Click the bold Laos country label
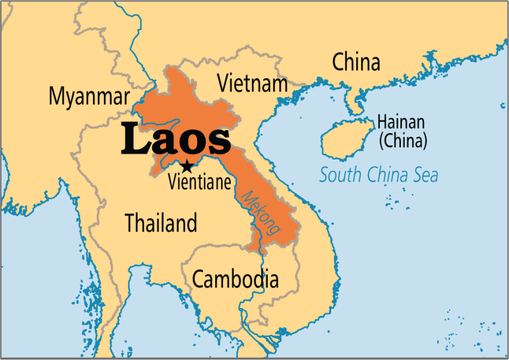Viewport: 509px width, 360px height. pos(176,140)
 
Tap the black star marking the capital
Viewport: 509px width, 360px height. pos(186,166)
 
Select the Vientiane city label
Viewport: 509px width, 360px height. pos(200,182)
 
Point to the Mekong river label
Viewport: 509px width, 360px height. pos(261,213)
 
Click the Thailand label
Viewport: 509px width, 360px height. pos(161,224)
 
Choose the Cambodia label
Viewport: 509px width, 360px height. pos(235,279)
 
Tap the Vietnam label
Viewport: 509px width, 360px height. pos(253,83)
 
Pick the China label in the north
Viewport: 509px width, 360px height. pos(356,62)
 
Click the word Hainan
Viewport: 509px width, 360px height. pos(401,122)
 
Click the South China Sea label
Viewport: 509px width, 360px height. pos(378,175)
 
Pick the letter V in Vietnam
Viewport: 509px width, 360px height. pos(224,83)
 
